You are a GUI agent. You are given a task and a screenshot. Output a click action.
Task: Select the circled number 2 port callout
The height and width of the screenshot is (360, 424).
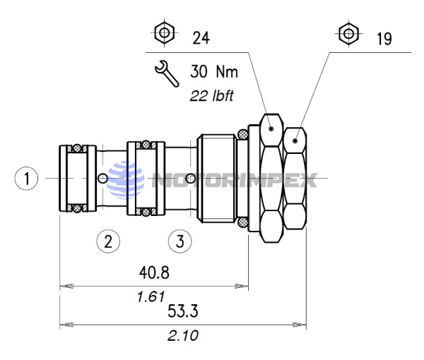click(108, 241)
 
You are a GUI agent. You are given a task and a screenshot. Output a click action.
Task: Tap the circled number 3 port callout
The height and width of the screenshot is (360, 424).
click(180, 241)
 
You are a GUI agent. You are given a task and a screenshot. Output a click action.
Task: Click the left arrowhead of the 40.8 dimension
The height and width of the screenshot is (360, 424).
click(64, 286)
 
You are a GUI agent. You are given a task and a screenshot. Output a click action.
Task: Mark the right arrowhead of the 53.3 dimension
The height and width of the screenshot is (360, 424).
click(302, 325)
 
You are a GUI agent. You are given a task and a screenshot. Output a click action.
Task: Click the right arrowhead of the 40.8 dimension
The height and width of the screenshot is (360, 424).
click(244, 286)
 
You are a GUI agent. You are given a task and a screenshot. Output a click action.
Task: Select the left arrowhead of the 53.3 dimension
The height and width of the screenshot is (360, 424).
click(64, 325)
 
